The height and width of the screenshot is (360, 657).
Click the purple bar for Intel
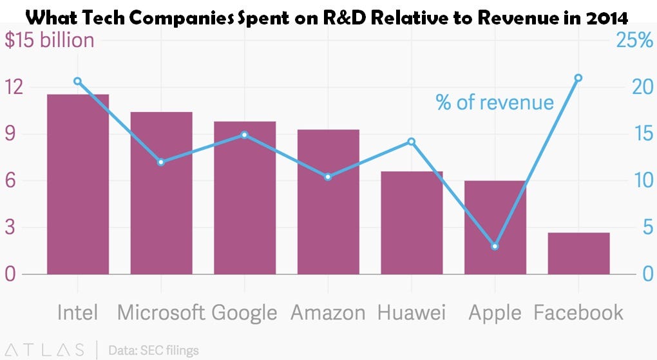click(x=78, y=184)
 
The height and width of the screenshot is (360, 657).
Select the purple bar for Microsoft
click(x=161, y=193)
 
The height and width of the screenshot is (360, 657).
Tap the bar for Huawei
click(x=412, y=223)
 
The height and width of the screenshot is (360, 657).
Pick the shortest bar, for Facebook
click(x=578, y=253)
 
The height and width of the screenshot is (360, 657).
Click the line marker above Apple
click(x=495, y=247)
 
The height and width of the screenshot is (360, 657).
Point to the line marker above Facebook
click(x=578, y=78)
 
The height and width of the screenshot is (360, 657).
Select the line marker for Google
click(x=244, y=135)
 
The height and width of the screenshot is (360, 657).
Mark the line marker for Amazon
click(x=328, y=176)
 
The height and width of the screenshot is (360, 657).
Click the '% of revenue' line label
click(x=495, y=102)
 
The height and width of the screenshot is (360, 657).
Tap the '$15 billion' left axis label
click(x=50, y=41)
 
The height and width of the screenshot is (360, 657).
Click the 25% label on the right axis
click(x=634, y=41)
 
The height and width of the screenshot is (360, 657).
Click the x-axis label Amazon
click(x=328, y=312)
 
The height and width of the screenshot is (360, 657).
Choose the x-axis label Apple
click(x=495, y=312)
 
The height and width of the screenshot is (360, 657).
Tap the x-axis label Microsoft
click(x=161, y=312)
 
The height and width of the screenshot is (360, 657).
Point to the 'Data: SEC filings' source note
click(x=153, y=350)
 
